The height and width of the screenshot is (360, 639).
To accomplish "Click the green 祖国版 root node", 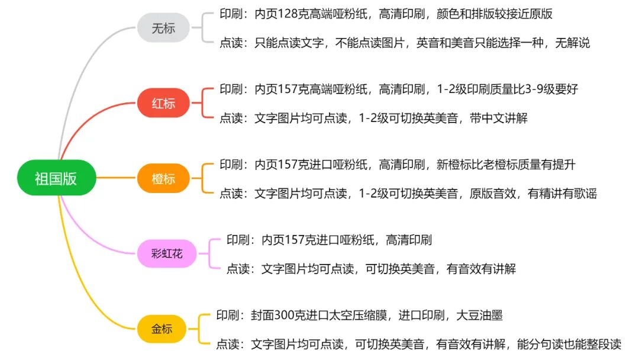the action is click(x=56, y=178).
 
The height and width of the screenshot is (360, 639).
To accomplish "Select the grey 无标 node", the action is click(x=163, y=28).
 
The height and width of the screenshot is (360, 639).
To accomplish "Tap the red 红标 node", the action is click(x=163, y=104).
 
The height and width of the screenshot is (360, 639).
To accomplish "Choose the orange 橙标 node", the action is click(x=163, y=178).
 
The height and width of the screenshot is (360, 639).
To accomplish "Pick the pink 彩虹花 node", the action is click(x=167, y=254).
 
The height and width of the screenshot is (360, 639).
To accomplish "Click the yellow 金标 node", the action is click(x=162, y=329).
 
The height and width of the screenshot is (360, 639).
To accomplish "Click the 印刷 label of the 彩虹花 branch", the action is click(x=238, y=240).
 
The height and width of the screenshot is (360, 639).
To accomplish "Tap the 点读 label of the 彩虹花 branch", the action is click(x=238, y=269).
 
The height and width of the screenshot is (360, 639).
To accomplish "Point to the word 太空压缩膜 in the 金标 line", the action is click(x=362, y=315).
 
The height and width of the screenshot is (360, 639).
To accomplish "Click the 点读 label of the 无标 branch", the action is click(x=231, y=43).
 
